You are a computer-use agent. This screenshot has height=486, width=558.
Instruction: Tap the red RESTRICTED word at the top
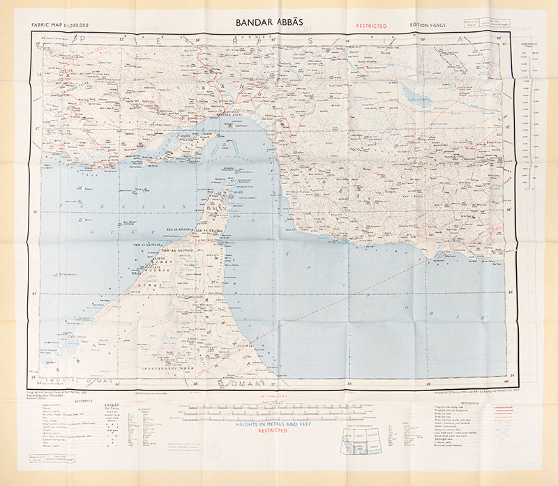[371, 26]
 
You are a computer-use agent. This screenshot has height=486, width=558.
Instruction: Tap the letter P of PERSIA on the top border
[84, 40]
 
